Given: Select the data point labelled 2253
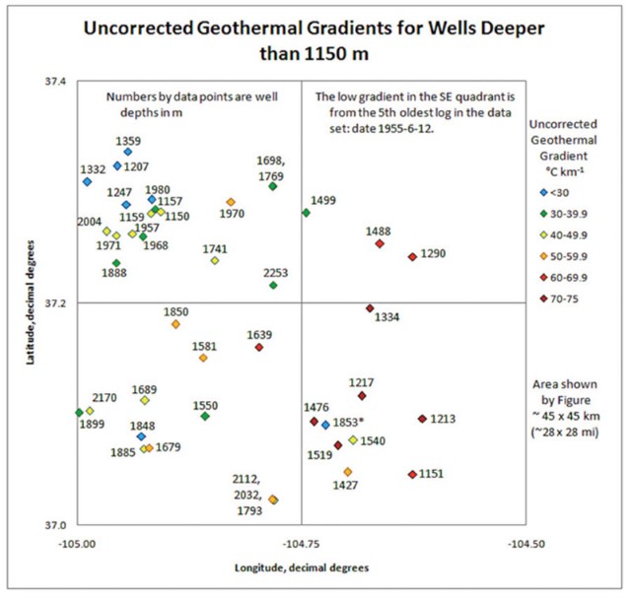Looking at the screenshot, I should click(273, 286).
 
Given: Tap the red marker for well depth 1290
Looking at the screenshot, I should click(412, 257).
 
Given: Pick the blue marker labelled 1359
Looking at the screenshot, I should click(128, 152).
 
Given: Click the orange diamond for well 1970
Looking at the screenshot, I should click(231, 203).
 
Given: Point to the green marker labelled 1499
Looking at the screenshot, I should click(306, 213).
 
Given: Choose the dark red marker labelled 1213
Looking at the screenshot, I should click(422, 419).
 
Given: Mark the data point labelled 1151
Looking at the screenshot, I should click(412, 475).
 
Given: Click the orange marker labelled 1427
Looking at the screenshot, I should click(347, 472).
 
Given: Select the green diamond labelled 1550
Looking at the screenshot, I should click(205, 417).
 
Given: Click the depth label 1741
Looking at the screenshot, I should click(215, 249).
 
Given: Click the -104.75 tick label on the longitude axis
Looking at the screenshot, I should click(301, 542).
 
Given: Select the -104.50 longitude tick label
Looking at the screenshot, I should click(525, 542).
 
